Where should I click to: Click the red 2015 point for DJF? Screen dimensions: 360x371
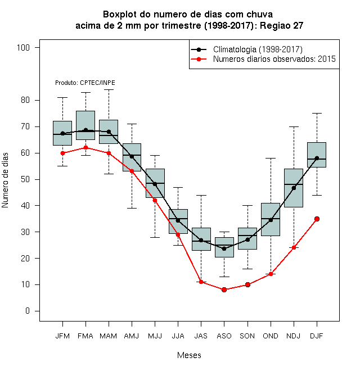(317, 219)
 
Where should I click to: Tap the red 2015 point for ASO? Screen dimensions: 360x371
(224, 289)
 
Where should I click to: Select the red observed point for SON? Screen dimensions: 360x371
(247, 284)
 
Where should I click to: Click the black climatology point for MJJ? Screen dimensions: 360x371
(155, 184)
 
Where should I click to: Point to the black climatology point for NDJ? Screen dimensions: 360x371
(294, 188)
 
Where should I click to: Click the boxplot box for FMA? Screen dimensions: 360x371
(85, 125)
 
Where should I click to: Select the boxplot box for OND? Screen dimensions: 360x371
(271, 219)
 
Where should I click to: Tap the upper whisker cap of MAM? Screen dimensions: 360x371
(109, 90)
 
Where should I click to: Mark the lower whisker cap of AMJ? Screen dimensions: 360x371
(132, 208)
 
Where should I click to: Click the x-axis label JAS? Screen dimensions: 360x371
(201, 336)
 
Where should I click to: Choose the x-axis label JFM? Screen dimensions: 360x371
(62, 336)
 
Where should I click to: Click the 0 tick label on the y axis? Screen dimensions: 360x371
(28, 311)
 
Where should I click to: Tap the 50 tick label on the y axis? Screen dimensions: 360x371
(25, 179)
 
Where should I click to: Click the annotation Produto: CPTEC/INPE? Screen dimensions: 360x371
(85, 83)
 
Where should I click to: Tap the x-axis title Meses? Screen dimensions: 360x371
(189, 355)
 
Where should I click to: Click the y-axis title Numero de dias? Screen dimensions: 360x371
(5, 180)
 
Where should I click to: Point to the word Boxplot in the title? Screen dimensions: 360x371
(120, 15)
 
